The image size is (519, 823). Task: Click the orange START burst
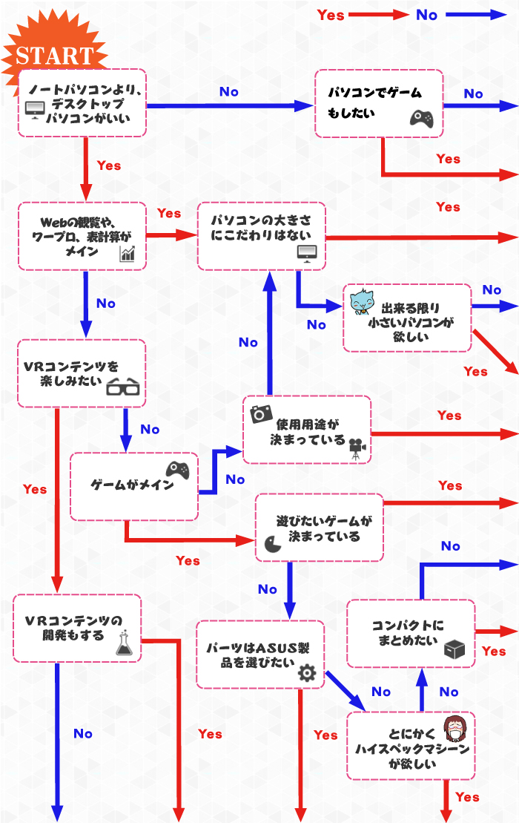(53, 54)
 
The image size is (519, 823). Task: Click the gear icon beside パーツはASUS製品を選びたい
(306, 673)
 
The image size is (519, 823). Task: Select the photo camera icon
(262, 413)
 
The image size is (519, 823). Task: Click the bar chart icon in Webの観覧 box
(128, 255)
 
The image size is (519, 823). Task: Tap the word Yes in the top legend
(331, 15)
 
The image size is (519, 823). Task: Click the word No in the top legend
(426, 15)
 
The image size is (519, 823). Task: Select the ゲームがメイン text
(132, 485)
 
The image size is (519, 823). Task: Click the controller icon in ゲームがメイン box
(176, 470)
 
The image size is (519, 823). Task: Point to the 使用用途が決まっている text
(307, 432)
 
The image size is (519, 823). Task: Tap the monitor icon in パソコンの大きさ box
(307, 252)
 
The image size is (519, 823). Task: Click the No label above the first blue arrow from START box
(229, 91)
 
